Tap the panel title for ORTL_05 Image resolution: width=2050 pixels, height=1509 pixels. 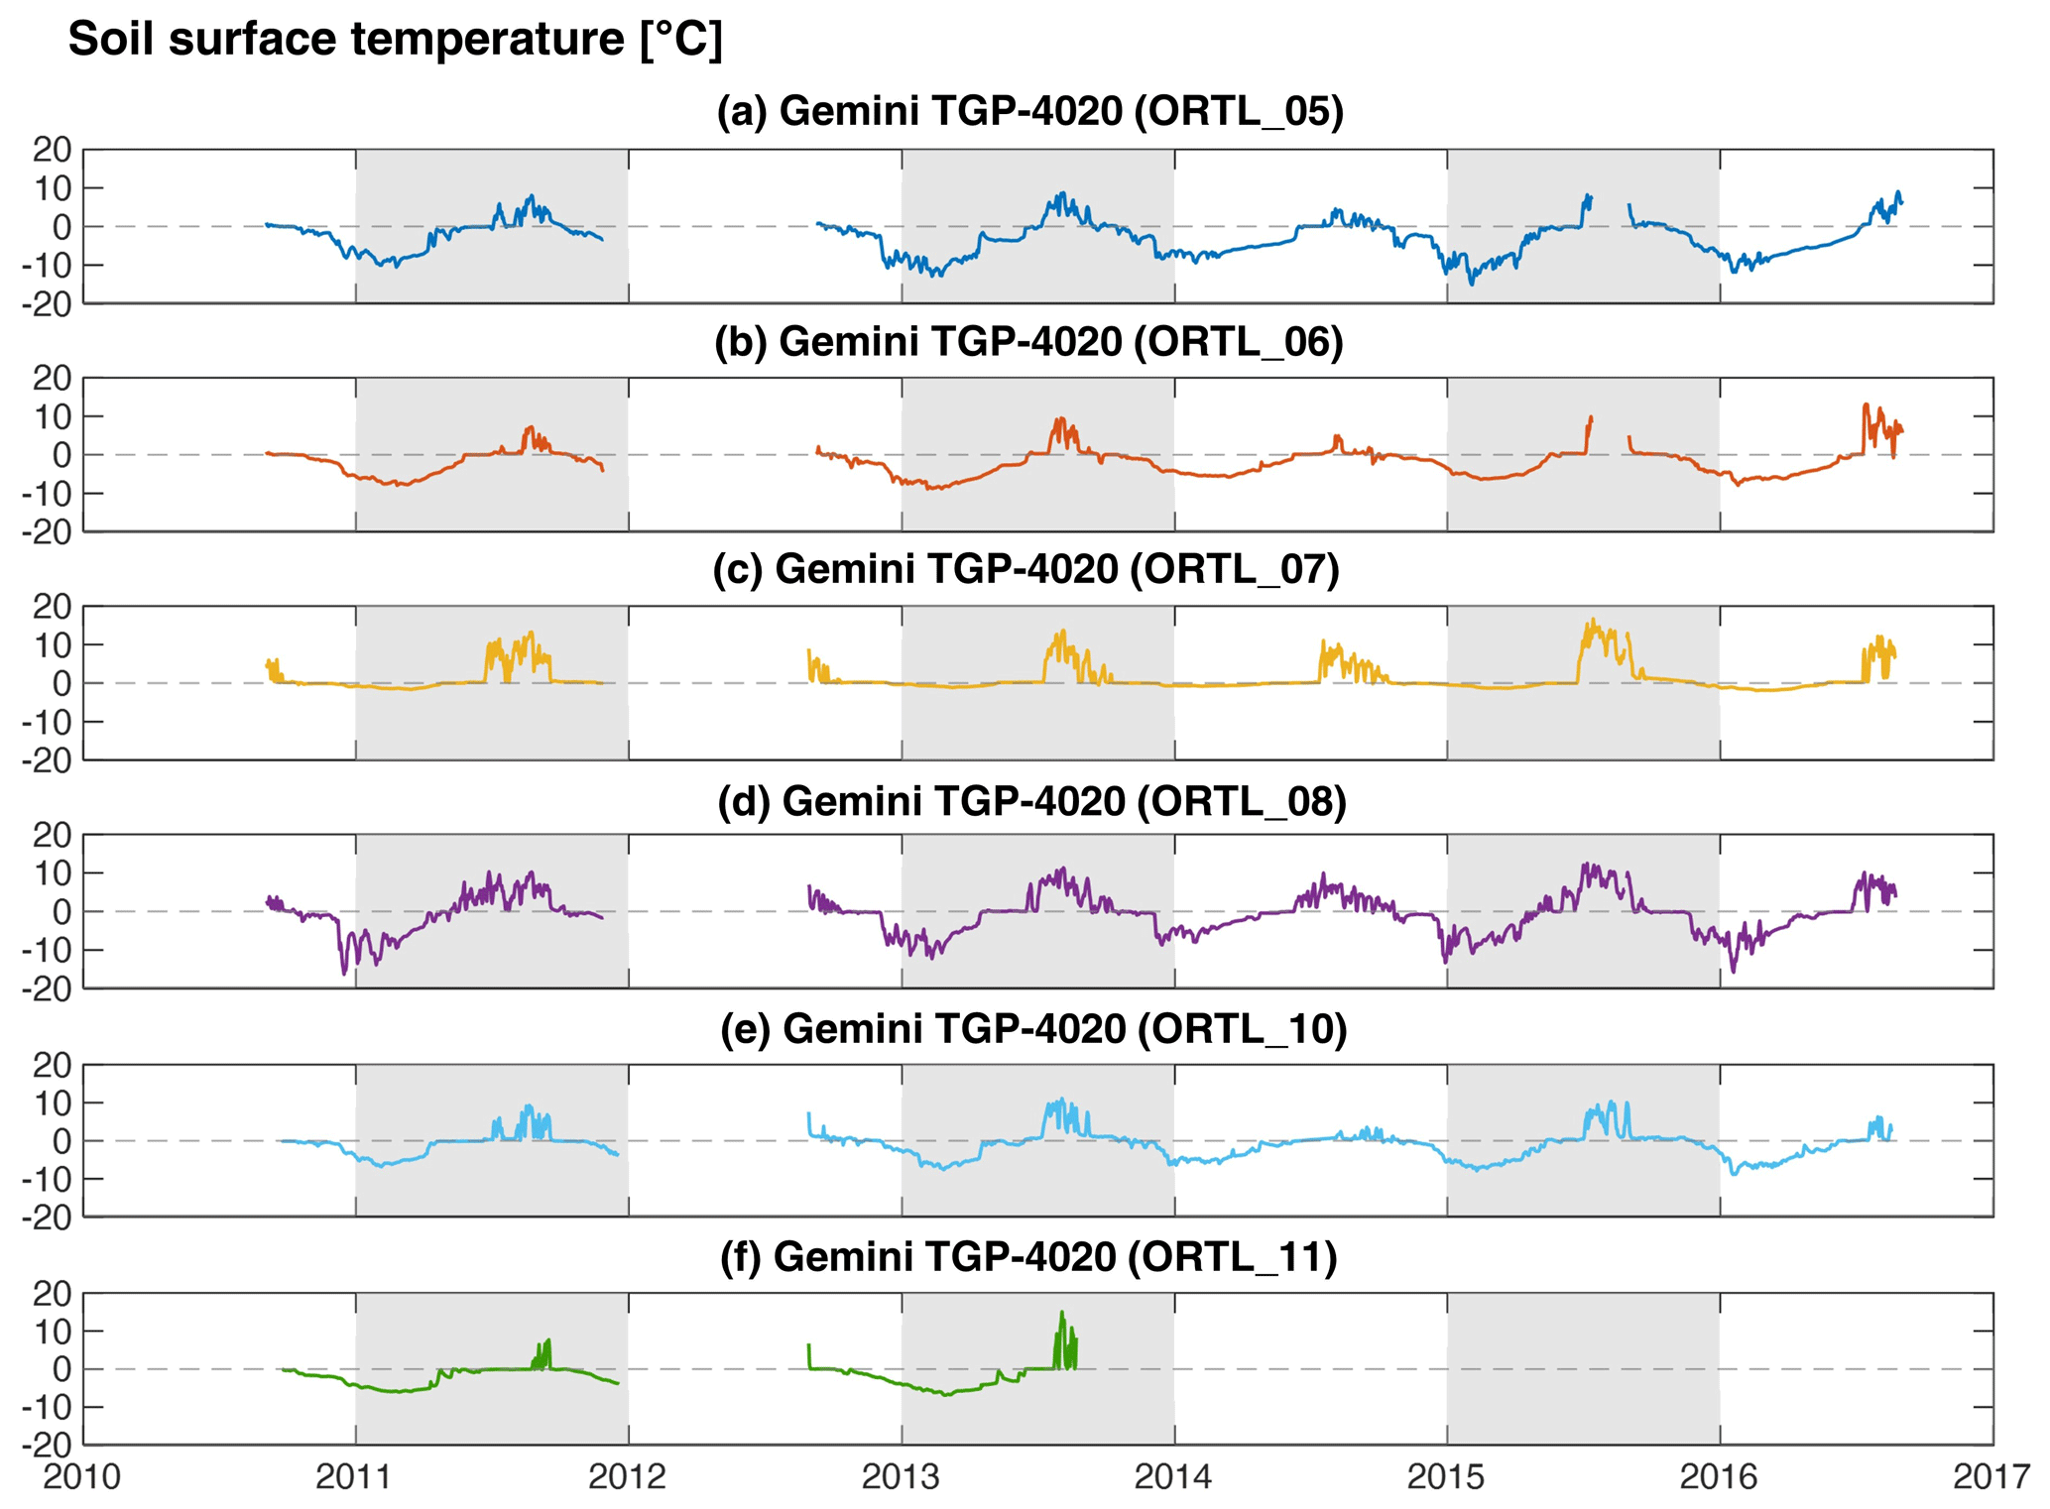pyautogui.click(x=1029, y=112)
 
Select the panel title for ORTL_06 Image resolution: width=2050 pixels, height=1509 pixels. pyautogui.click(x=1028, y=341)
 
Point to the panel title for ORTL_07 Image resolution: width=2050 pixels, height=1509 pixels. pyautogui.click(x=1025, y=569)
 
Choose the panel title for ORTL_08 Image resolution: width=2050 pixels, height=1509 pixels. pyautogui.click(x=1031, y=800)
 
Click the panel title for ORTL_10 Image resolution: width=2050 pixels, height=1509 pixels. pyautogui.click(x=1032, y=1029)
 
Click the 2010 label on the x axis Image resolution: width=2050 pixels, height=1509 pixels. pyautogui.click(x=81, y=1477)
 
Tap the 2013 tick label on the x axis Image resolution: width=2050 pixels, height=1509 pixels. pyautogui.click(x=901, y=1477)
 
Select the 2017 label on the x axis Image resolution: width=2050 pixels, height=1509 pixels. pyautogui.click(x=1991, y=1477)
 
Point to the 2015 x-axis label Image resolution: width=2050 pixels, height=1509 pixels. pyautogui.click(x=1446, y=1477)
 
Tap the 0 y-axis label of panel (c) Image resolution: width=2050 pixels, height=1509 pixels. pyautogui.click(x=62, y=683)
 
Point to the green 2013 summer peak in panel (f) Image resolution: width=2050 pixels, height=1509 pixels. pyautogui.click(x=1062, y=1313)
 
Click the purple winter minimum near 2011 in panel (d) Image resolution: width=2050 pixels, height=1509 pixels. pyautogui.click(x=345, y=974)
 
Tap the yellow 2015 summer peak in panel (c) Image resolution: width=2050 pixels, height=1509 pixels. pyautogui.click(x=1592, y=622)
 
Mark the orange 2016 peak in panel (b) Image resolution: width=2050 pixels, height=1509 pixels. pyautogui.click(x=1866, y=405)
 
